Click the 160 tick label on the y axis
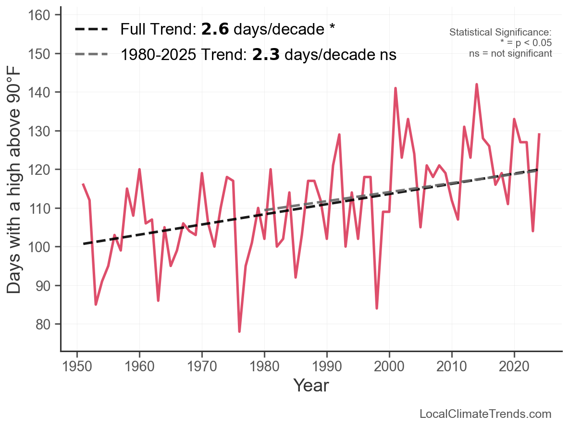pyautogui.click(x=39, y=15)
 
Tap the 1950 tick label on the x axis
pyautogui.click(x=77, y=366)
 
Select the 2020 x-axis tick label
pyautogui.click(x=514, y=366)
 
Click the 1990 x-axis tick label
pyautogui.click(x=327, y=366)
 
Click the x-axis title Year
pyautogui.click(x=311, y=385)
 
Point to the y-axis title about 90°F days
pyautogui.click(x=14, y=182)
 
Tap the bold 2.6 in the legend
pyautogui.click(x=215, y=29)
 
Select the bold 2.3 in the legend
pyautogui.click(x=266, y=54)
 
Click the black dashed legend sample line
pyautogui.click(x=91, y=29)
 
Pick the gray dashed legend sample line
pyautogui.click(x=91, y=54)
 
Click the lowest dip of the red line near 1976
pyautogui.click(x=239, y=331)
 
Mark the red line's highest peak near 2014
pyautogui.click(x=477, y=85)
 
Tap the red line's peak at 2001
pyautogui.click(x=396, y=88)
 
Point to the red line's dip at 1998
pyautogui.click(x=377, y=308)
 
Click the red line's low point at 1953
pyautogui.click(x=96, y=305)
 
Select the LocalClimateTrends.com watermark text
pyautogui.click(x=485, y=414)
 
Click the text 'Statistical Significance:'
pyautogui.click(x=500, y=32)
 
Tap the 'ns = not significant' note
pyautogui.click(x=510, y=54)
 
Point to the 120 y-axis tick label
pyautogui.click(x=39, y=170)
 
